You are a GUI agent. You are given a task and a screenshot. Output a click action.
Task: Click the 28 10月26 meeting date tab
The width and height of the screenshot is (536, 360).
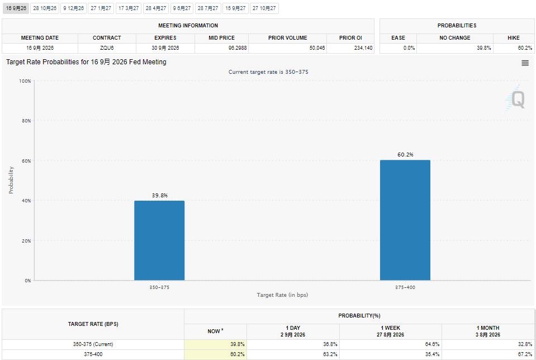coord(45,8)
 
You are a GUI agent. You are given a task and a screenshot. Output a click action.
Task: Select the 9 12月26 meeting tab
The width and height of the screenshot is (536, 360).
coord(73,8)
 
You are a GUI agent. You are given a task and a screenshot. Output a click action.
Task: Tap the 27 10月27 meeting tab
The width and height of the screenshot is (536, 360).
coord(264,8)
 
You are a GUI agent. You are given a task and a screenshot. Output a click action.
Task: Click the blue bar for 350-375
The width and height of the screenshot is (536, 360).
coord(159,240)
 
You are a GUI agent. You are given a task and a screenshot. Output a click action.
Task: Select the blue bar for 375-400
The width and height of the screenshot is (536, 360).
coord(405,220)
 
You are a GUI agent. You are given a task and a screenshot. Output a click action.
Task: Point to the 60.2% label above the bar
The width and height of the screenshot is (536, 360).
coord(405,154)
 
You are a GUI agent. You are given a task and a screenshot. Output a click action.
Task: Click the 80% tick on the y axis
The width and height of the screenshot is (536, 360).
coord(26,121)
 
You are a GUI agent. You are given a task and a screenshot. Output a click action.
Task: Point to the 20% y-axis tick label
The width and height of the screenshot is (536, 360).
coord(26,241)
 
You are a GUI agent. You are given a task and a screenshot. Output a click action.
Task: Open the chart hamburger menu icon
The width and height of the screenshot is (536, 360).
coord(525,63)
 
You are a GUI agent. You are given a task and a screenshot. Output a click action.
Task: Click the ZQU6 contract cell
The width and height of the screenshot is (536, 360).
coord(107,48)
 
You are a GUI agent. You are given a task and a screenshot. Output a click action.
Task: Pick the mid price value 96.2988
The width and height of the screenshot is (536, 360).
coord(238,48)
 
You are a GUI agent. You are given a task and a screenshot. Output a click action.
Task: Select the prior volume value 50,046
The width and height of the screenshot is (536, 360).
coord(317,48)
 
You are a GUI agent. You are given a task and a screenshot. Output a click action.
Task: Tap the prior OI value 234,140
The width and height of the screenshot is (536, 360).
coord(363,48)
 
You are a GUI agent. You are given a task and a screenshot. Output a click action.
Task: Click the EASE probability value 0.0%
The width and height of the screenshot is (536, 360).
coord(409,48)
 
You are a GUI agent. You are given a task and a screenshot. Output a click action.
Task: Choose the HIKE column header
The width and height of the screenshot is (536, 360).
coord(514,37)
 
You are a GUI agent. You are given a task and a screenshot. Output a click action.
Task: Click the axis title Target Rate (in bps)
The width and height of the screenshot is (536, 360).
coord(282,295)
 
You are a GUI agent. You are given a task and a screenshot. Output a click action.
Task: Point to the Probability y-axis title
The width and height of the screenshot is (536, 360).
coord(11,180)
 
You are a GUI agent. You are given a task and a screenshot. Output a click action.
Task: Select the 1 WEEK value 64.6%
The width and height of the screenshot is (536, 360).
coord(432,344)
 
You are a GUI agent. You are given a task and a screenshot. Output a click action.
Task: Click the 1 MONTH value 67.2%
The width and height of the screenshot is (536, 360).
coord(525,354)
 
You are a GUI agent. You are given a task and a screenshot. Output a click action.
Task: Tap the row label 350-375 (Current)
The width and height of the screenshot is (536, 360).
coord(93,344)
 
